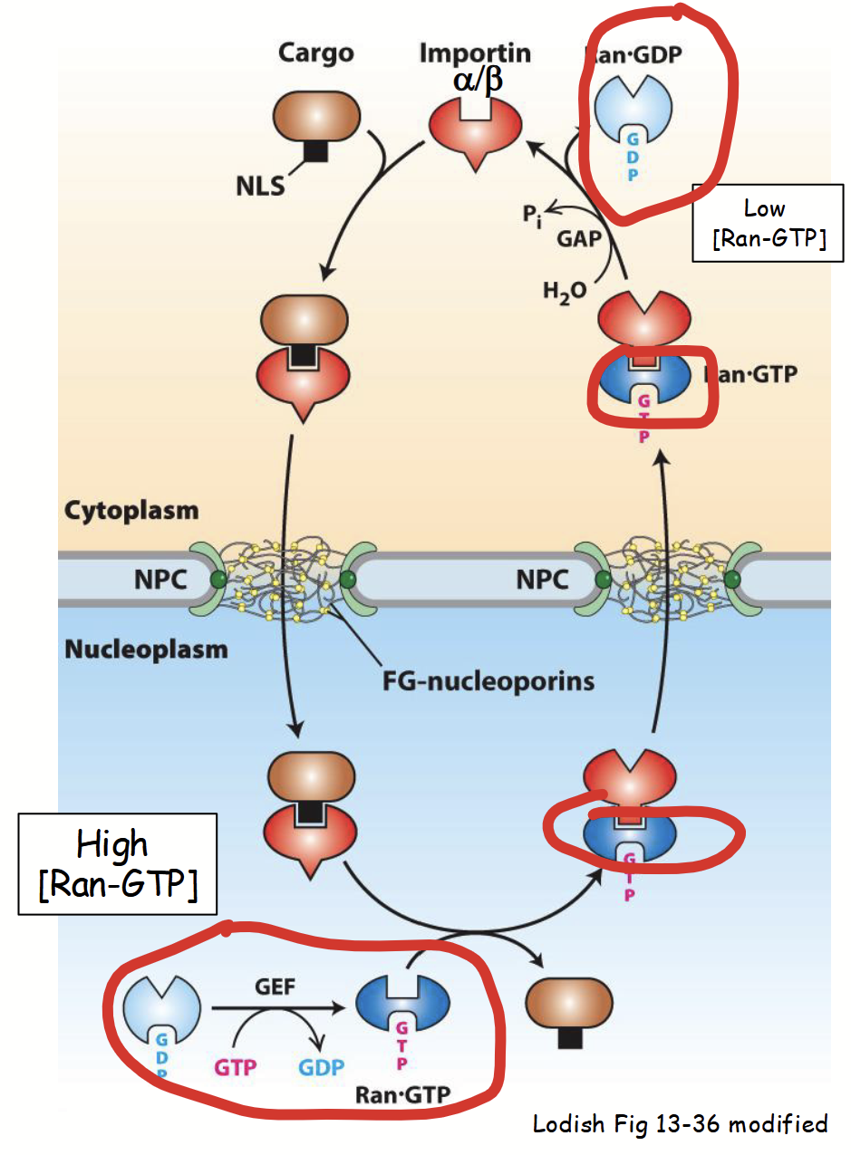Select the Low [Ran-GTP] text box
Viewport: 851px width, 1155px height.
tap(766, 224)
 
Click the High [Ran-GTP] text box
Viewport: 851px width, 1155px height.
tap(117, 863)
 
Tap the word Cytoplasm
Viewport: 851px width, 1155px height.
tap(131, 510)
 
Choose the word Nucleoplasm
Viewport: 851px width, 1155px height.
tap(146, 650)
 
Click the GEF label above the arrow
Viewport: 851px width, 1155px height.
tap(275, 987)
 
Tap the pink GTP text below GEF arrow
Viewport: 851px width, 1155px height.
tap(235, 1067)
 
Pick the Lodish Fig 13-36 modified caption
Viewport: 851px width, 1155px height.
tap(680, 1124)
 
